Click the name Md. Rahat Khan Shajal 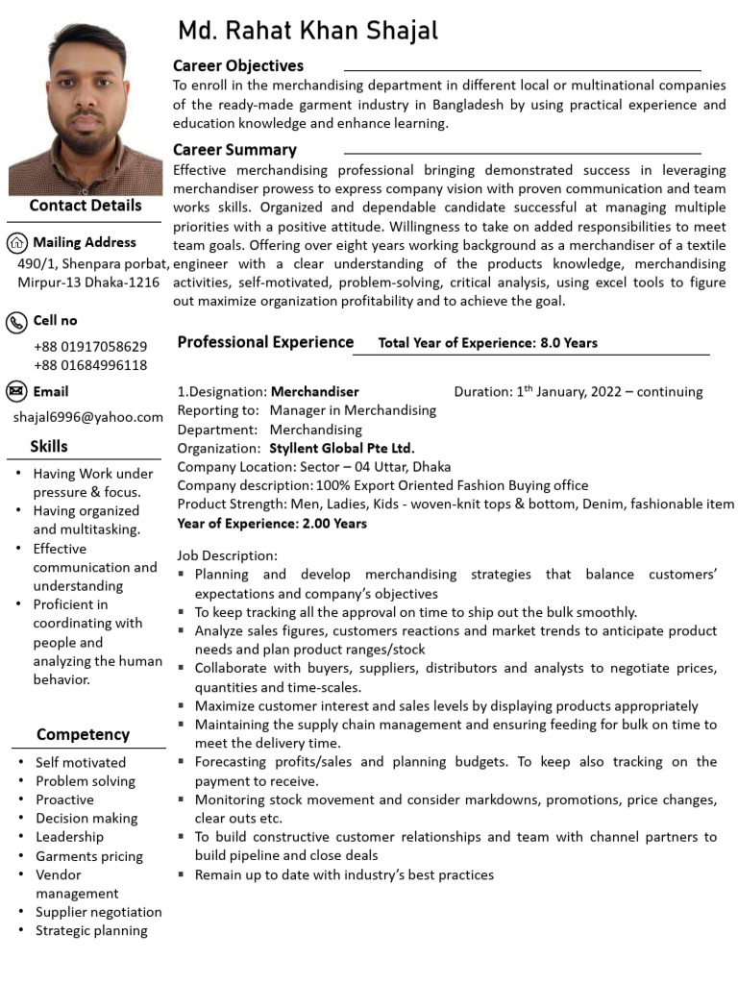tap(307, 32)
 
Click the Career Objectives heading tap(238, 66)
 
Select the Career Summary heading tap(234, 150)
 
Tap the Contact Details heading tap(86, 206)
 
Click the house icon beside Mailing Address tap(17, 242)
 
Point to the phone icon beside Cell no tap(17, 321)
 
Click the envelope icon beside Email tap(17, 391)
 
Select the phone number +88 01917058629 tap(90, 346)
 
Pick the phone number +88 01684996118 tap(90, 365)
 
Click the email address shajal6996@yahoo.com tap(88, 417)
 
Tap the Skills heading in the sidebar tap(49, 446)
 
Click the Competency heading tap(83, 735)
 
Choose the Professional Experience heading tap(265, 342)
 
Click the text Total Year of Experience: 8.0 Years tap(488, 343)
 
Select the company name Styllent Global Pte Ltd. tap(342, 448)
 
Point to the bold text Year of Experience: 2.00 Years tap(272, 524)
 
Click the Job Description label tap(227, 555)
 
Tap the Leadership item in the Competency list tap(69, 837)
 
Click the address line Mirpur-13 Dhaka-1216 tap(88, 283)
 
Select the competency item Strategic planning tap(91, 930)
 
